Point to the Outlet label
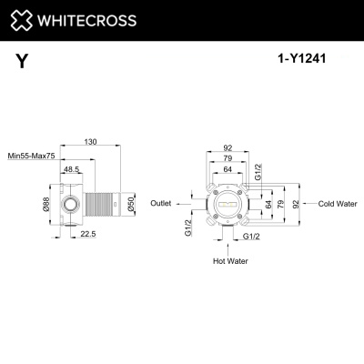click(161, 204)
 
